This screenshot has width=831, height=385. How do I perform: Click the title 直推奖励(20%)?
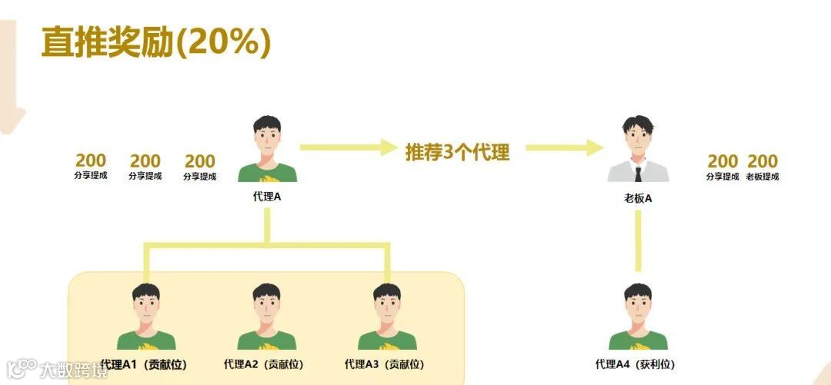point(156,43)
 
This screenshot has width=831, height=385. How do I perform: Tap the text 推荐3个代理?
point(458,151)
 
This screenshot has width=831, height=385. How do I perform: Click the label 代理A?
point(267,197)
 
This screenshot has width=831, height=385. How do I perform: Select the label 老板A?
point(638,198)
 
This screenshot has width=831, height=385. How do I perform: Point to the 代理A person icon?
point(267,150)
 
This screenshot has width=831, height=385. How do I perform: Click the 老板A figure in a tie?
point(638,150)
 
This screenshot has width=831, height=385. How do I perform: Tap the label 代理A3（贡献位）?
point(385,364)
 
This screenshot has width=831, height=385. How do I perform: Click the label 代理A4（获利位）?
point(636,364)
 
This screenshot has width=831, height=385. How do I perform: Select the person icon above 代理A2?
point(266,317)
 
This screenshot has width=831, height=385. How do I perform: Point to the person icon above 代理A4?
point(638,317)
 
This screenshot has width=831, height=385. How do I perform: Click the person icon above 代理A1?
point(145,317)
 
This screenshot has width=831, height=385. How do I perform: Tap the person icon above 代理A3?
point(387,317)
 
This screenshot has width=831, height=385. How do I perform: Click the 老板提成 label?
point(763,177)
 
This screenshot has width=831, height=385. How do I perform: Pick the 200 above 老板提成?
point(763,161)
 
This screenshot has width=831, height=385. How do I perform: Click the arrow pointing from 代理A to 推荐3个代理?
point(348,147)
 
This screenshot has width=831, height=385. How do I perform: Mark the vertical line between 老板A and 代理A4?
point(638,240)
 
